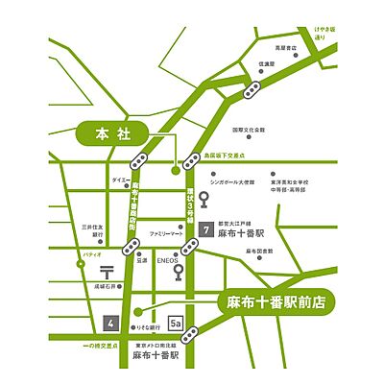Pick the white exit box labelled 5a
[176, 324]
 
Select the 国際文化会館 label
[249, 130]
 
